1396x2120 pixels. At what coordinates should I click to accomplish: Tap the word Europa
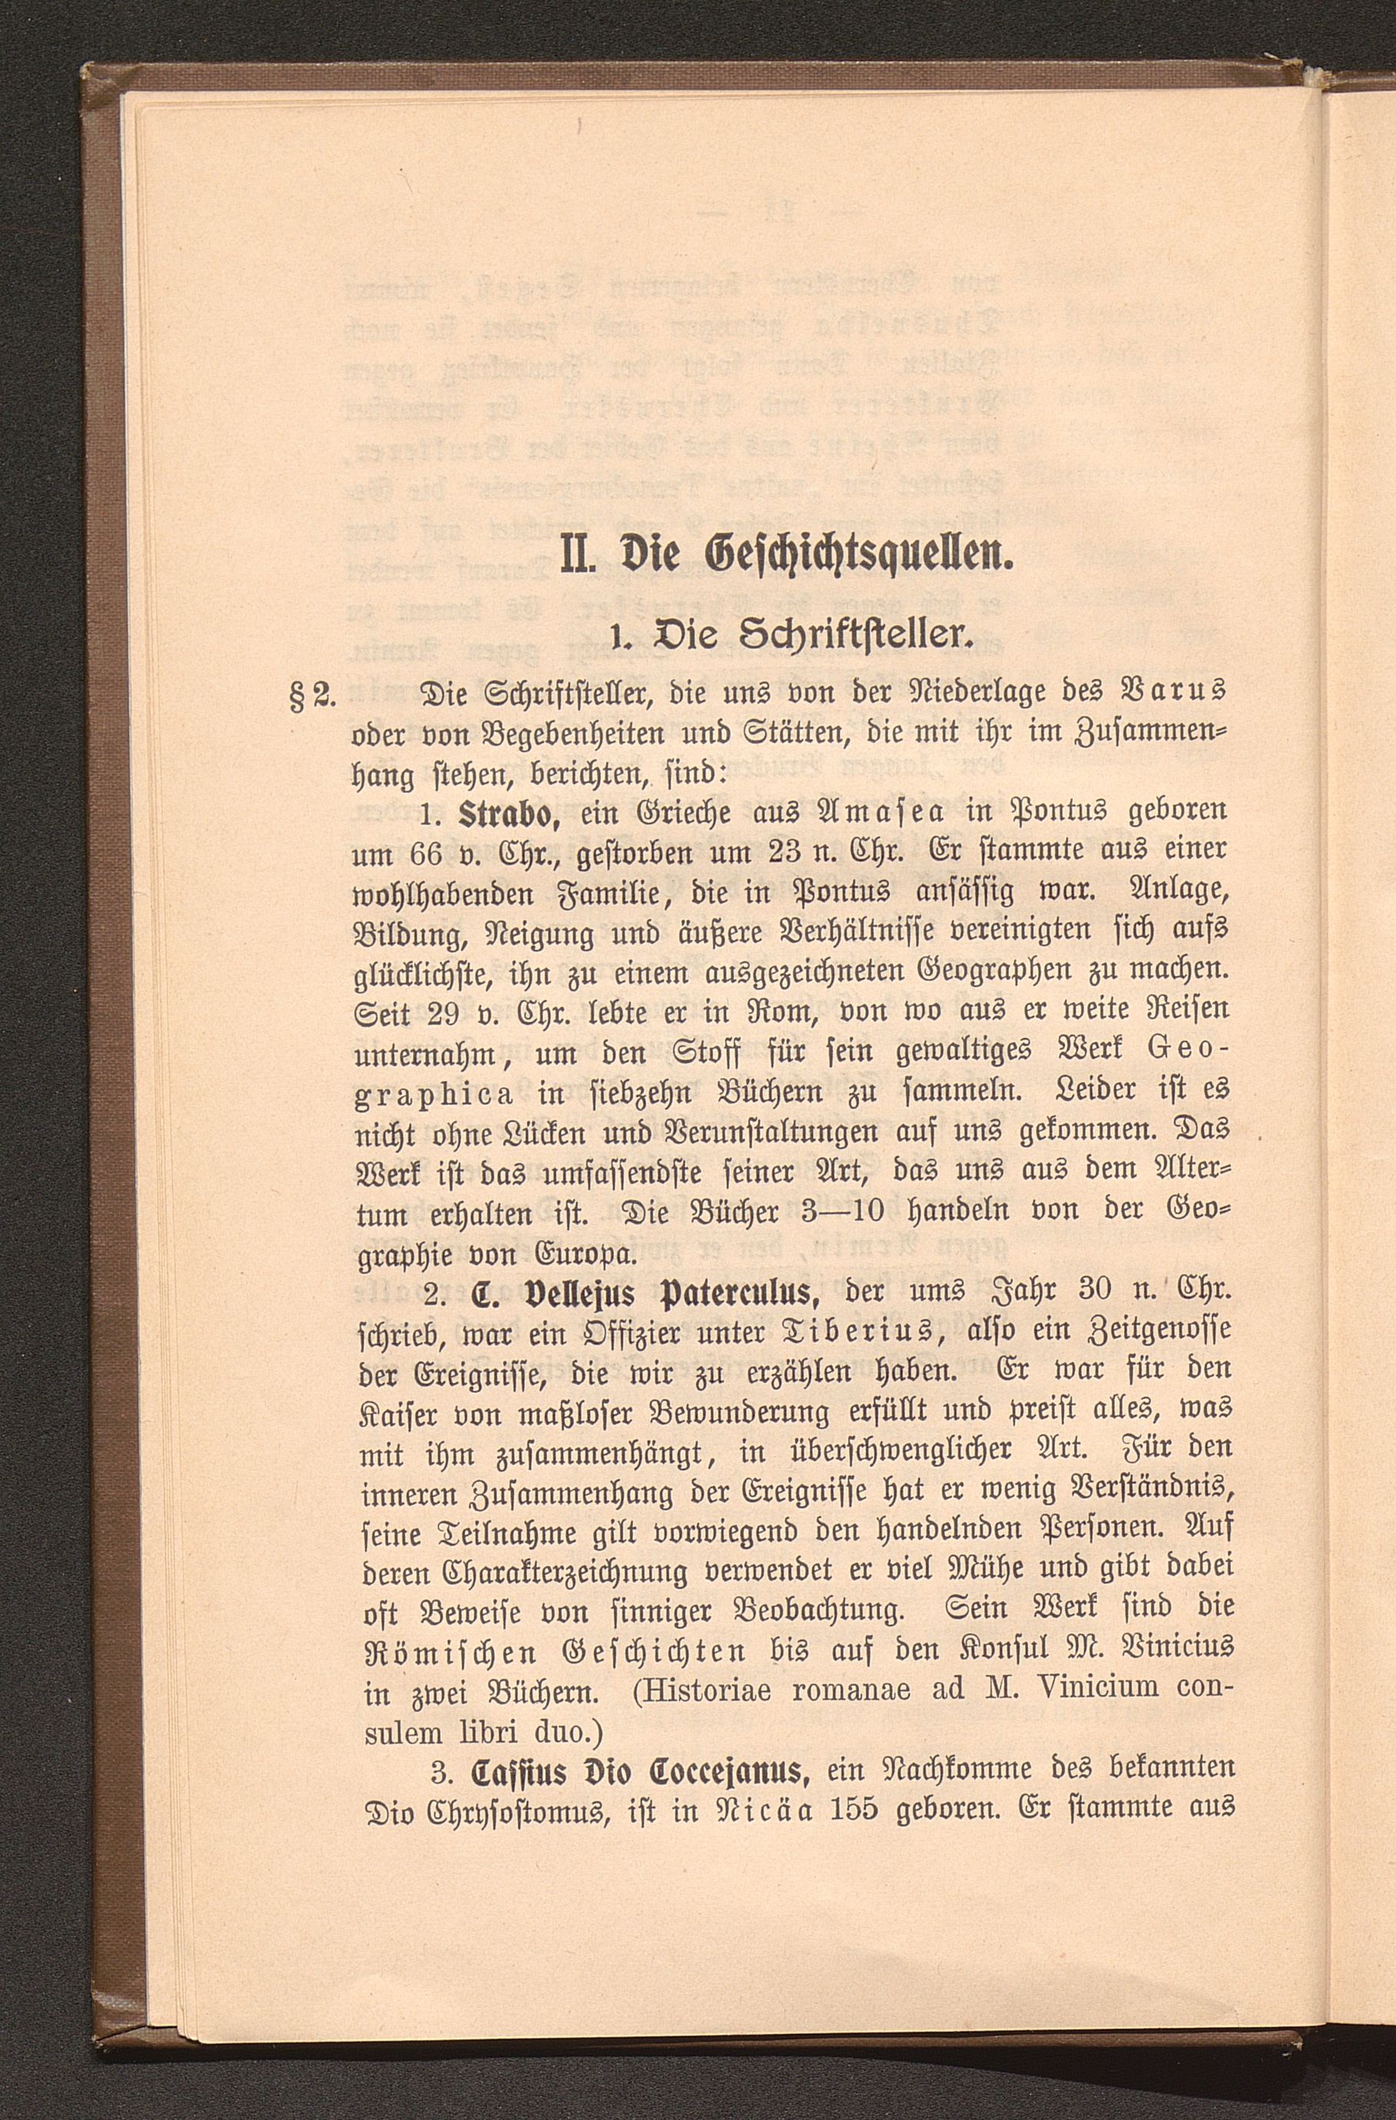(588, 1254)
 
